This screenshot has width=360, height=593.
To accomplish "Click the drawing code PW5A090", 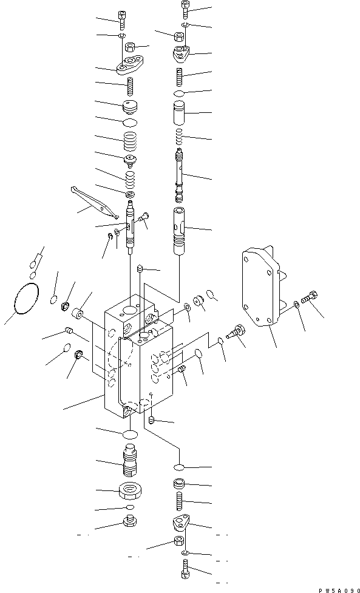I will click(336, 588).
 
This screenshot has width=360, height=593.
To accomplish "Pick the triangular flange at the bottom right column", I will click(183, 524).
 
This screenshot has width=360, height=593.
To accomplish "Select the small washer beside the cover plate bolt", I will click(296, 304).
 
